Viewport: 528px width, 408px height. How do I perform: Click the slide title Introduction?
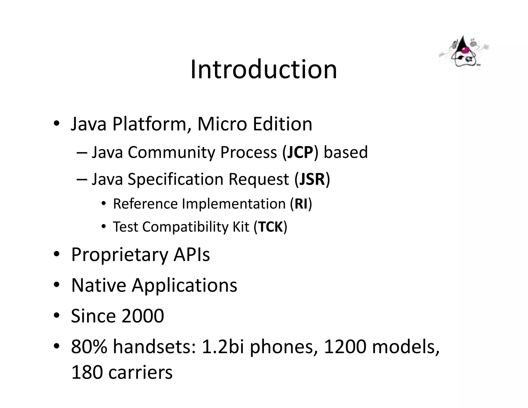(x=263, y=69)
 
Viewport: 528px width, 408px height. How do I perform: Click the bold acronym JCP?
(x=300, y=152)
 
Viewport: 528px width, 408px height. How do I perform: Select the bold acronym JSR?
(x=312, y=179)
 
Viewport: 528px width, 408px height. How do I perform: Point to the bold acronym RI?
(x=301, y=204)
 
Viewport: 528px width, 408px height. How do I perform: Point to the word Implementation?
(x=234, y=204)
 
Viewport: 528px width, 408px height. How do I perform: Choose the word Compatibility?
(x=185, y=227)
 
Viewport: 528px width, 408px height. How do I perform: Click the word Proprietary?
(x=119, y=255)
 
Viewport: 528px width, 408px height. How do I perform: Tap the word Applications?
(x=185, y=285)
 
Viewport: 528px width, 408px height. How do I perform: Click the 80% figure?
(x=89, y=347)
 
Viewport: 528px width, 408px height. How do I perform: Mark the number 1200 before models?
(x=345, y=347)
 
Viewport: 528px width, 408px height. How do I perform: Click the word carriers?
(x=140, y=372)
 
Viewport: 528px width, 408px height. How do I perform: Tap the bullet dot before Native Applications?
(x=57, y=285)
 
